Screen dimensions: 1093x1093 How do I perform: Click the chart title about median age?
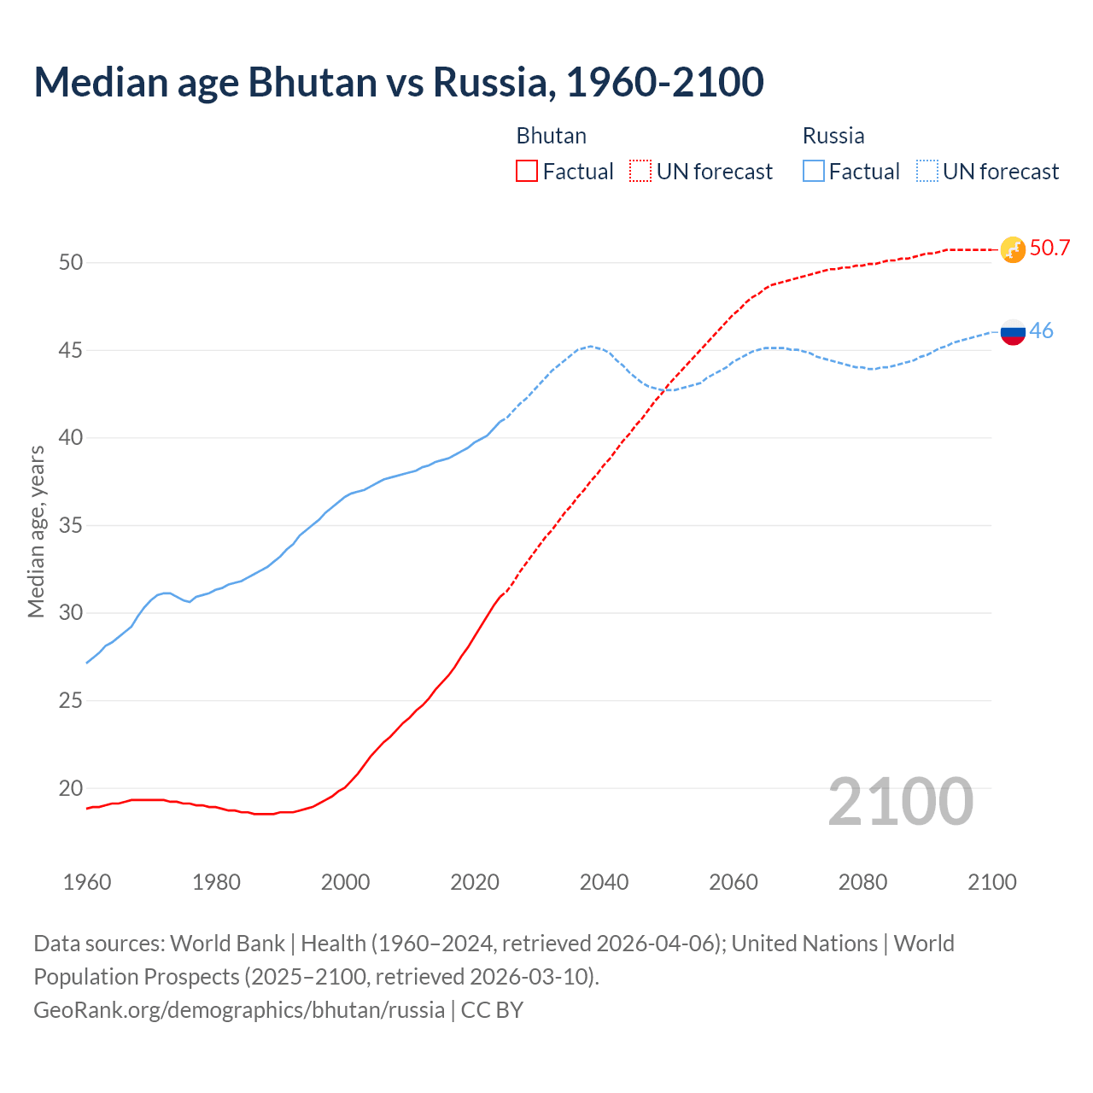(398, 82)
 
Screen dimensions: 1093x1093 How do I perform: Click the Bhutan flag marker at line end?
(1013, 249)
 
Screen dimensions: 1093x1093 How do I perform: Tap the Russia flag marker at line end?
(1013, 331)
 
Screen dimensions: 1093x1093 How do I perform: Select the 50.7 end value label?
(1049, 248)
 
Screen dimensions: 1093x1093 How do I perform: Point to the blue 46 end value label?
(1041, 331)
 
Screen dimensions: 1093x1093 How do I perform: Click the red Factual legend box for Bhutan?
(527, 172)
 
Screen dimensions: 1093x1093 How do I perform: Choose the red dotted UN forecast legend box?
(640, 172)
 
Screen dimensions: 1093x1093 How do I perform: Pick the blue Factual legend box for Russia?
(814, 172)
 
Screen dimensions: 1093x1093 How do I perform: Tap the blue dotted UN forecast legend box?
(926, 172)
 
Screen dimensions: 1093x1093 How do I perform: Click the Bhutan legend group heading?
(551, 136)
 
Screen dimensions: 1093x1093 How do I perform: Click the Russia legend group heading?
(833, 136)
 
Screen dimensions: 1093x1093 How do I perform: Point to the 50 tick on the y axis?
(71, 263)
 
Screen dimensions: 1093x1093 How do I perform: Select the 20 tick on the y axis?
(71, 788)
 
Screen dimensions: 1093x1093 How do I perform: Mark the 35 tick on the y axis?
(71, 525)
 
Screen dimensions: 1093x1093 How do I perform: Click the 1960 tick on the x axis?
(87, 882)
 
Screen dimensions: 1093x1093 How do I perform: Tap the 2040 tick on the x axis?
(604, 882)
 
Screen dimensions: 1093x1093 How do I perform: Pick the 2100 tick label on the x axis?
(991, 882)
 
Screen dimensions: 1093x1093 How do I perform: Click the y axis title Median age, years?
(36, 531)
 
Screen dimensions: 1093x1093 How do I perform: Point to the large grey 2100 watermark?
(900, 802)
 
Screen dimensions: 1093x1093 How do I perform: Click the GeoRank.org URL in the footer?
(239, 1010)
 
